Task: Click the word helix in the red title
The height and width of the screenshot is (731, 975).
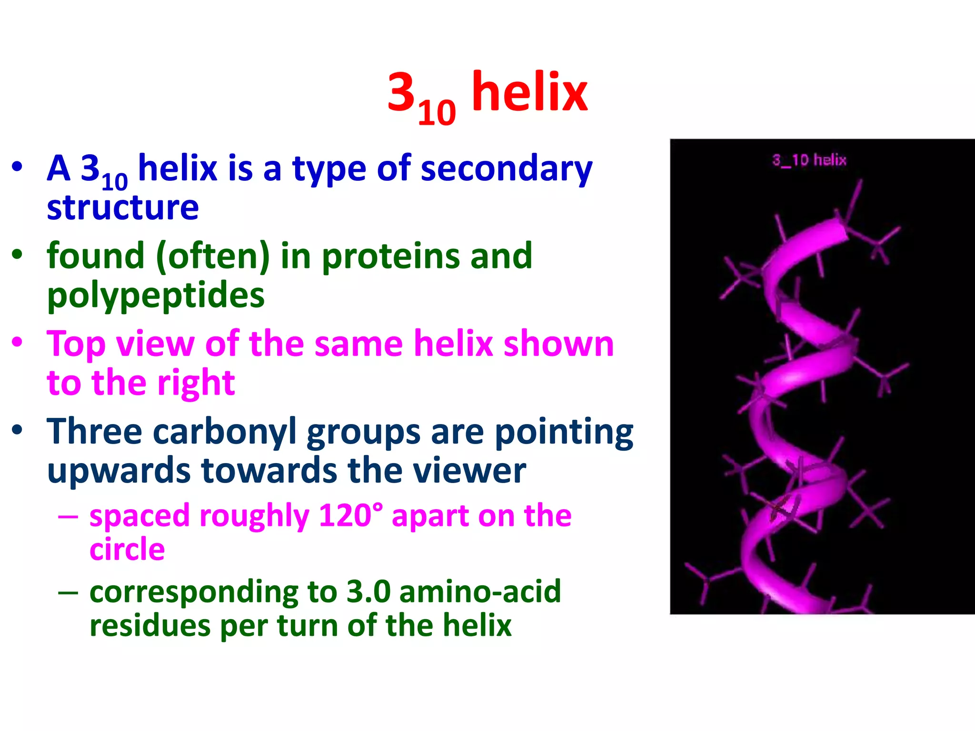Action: pos(529,93)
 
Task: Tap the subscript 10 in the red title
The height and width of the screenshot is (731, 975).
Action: pos(437,113)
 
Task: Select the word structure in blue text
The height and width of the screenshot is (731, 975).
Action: pos(123,207)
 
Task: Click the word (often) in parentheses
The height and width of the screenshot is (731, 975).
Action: pos(213,256)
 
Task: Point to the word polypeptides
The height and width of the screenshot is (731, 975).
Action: pos(156,296)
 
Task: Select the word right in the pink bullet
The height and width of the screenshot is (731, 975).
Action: pos(196,383)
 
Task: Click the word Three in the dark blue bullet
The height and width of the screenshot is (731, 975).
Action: pos(94,432)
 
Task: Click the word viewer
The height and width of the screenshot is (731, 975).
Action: pos(469,471)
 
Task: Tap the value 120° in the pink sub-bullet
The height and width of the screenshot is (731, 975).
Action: pos(350,515)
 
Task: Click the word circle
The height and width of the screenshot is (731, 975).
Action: pos(127,550)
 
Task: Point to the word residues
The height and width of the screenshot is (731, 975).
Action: pos(149,625)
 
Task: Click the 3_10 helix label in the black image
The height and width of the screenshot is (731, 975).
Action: pos(809,160)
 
